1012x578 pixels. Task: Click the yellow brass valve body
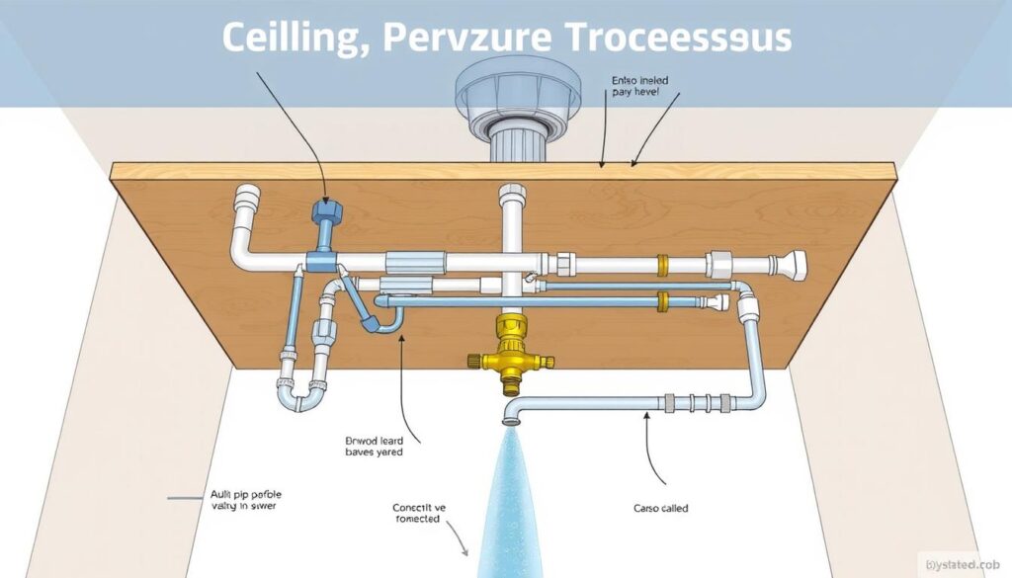510,352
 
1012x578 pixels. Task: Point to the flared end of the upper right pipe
795,264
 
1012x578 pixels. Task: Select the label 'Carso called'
661,508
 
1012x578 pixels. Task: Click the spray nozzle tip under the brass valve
509,419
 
